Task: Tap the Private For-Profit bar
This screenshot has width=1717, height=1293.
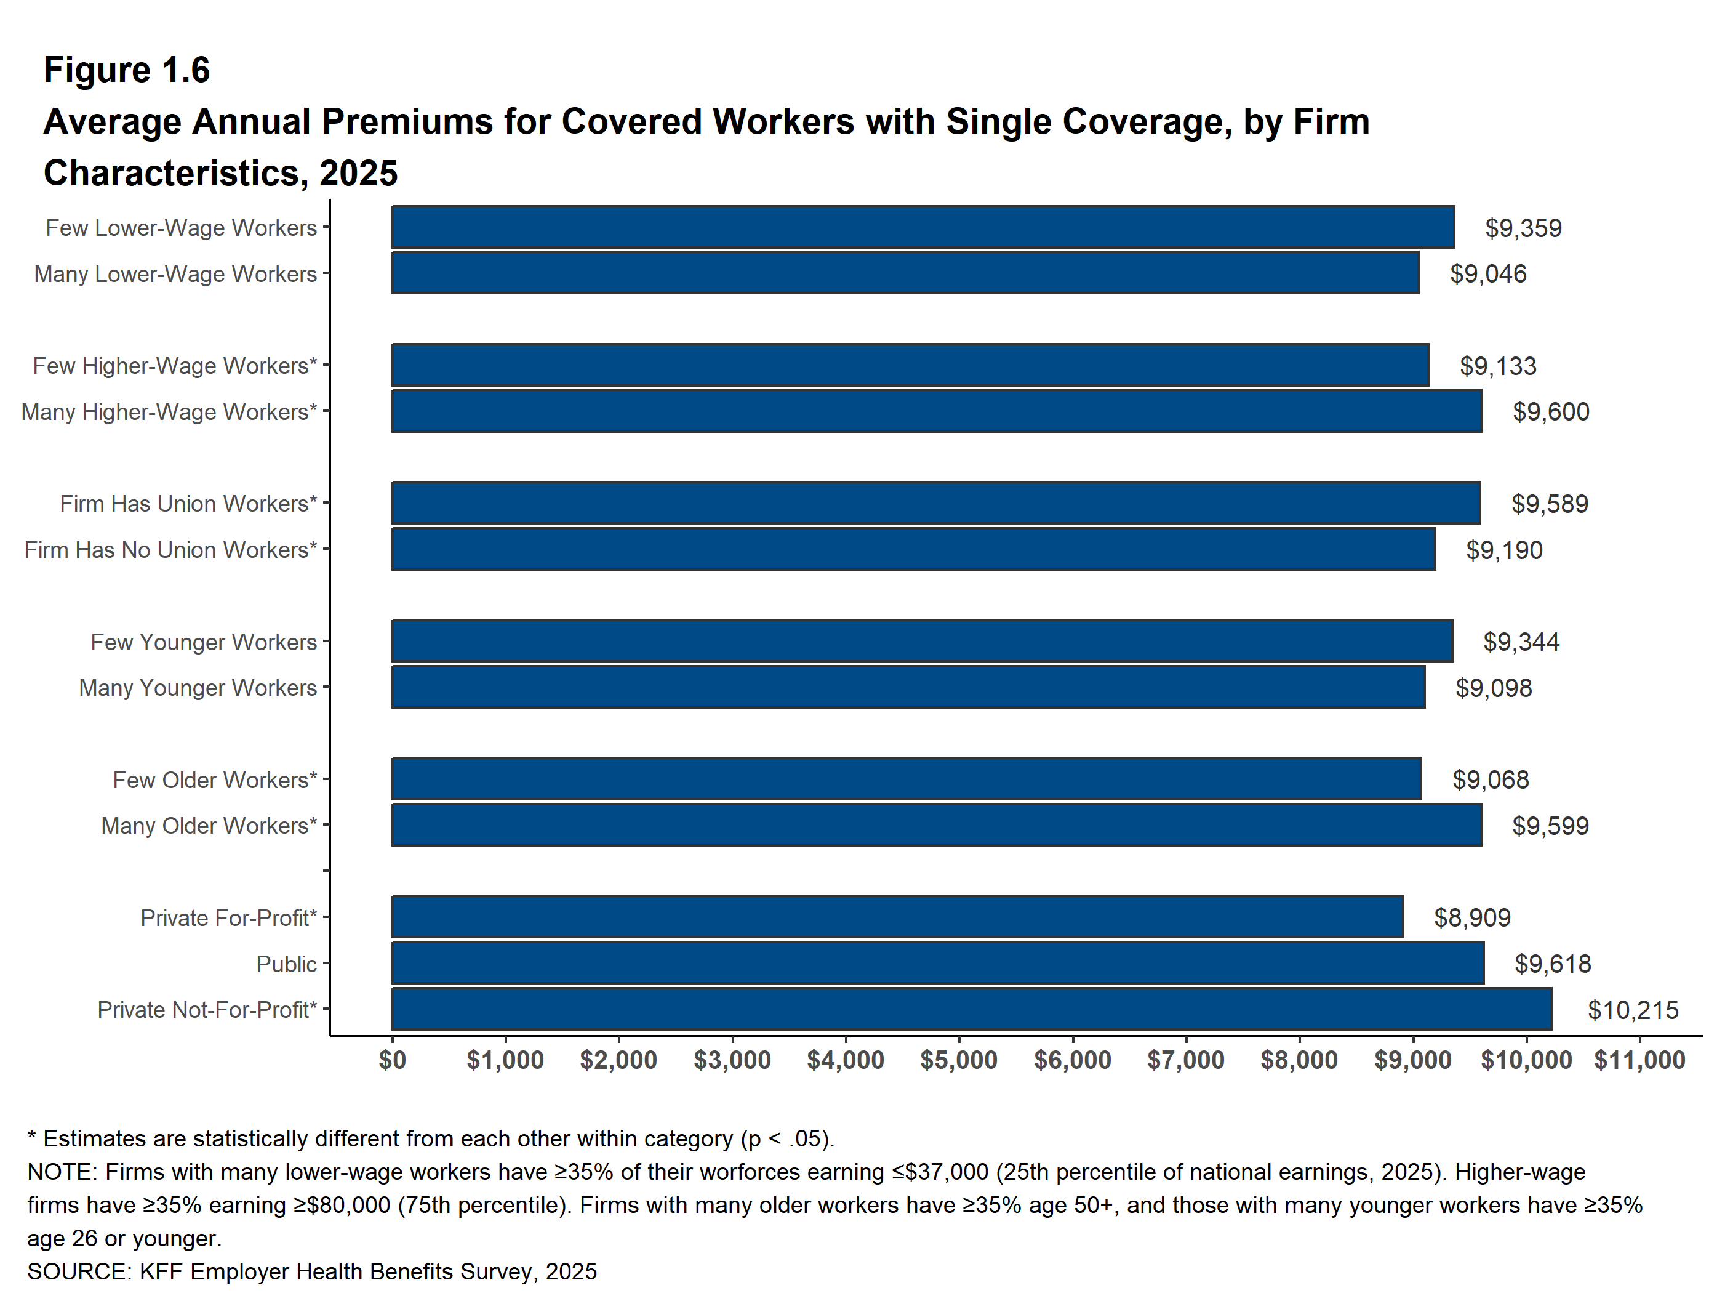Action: [x=897, y=917]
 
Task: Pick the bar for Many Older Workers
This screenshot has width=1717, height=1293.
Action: [x=935, y=824]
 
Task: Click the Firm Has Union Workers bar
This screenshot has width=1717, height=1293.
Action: [x=935, y=503]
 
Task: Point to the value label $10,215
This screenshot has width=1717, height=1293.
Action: [x=1633, y=1010]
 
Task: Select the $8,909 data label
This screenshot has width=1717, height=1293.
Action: [x=1471, y=918]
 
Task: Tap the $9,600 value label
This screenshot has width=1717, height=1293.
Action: [x=1550, y=411]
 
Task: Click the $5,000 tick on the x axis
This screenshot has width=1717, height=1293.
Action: [x=959, y=1060]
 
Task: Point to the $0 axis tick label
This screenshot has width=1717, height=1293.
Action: [x=392, y=1060]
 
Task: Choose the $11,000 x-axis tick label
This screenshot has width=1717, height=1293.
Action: [x=1639, y=1060]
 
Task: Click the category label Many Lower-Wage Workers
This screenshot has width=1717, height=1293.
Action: [x=175, y=274]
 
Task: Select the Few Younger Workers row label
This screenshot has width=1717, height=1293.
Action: [x=203, y=642]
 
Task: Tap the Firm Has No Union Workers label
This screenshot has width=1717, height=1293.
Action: [x=170, y=550]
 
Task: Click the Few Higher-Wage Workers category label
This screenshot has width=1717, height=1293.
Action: [x=175, y=366]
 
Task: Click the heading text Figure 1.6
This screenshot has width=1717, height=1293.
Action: [x=127, y=70]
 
